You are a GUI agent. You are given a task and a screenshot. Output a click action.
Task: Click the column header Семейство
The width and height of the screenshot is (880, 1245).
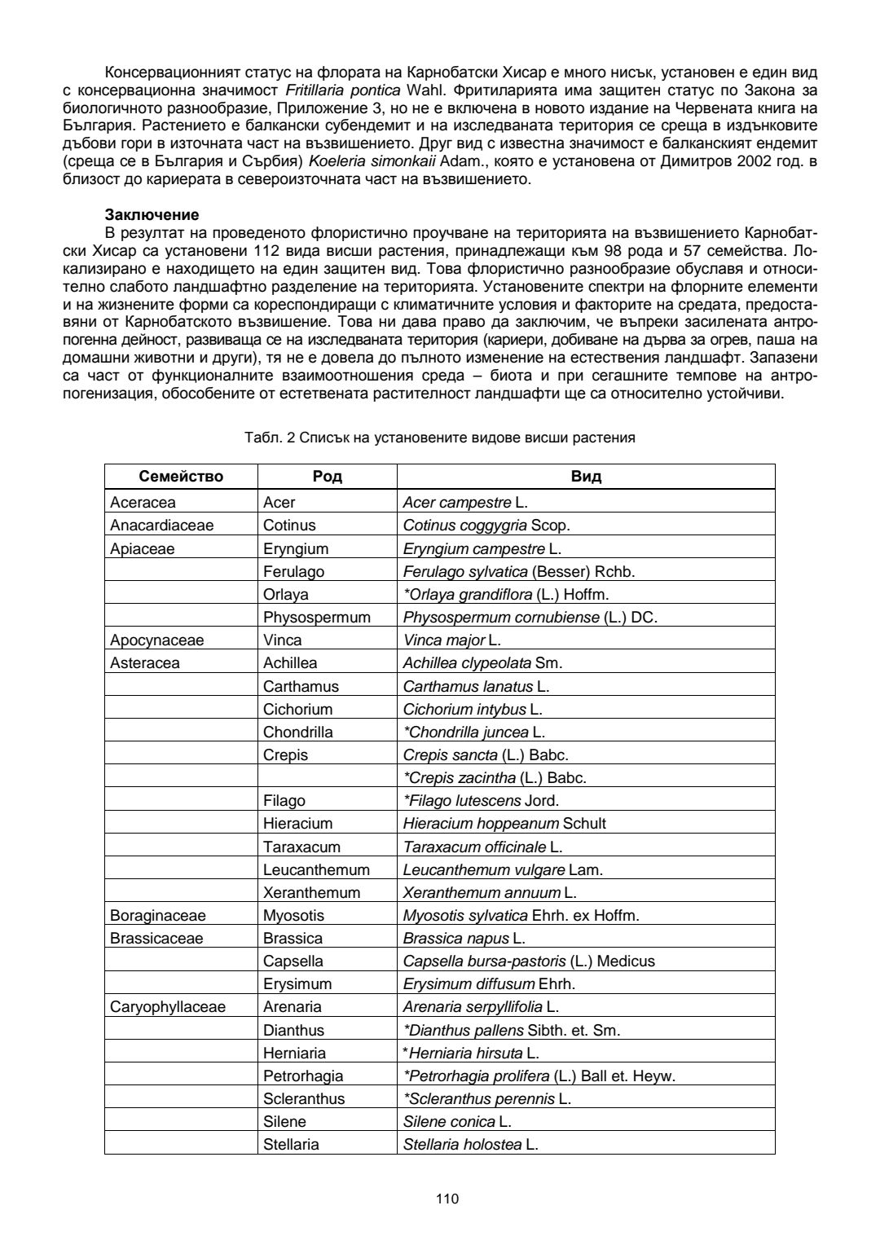pyautogui.click(x=181, y=477)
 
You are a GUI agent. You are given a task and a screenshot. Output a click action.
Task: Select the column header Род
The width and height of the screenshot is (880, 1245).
pyautogui.click(x=327, y=477)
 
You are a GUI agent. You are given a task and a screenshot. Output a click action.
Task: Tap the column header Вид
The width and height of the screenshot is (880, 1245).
pyautogui.click(x=586, y=477)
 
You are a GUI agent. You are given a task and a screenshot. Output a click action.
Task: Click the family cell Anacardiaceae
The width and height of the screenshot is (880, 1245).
pyautogui.click(x=161, y=526)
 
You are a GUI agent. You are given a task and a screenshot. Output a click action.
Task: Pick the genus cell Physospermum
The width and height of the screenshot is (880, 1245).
pyautogui.click(x=316, y=617)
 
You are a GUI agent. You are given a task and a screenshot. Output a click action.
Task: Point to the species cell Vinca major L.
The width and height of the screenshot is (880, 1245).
pyautogui.click(x=451, y=640)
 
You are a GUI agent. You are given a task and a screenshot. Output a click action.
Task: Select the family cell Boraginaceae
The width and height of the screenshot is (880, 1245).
pyautogui.click(x=158, y=915)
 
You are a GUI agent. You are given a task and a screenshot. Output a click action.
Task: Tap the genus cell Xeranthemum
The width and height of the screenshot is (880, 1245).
pyautogui.click(x=311, y=892)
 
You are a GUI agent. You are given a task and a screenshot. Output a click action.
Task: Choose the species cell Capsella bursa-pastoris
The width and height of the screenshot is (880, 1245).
pyautogui.click(x=528, y=961)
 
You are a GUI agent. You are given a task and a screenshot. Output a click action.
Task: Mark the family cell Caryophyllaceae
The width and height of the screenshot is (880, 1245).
pyautogui.click(x=168, y=1006)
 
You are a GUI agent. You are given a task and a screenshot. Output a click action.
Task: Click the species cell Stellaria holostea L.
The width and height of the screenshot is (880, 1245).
pyautogui.click(x=470, y=1144)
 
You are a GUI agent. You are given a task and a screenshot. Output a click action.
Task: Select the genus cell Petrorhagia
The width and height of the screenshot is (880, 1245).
pyautogui.click(x=303, y=1076)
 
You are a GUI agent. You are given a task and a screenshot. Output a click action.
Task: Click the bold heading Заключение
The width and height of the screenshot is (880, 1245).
pyautogui.click(x=152, y=215)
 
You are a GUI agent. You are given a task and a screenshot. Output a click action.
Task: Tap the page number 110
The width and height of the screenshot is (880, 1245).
pyautogui.click(x=447, y=1198)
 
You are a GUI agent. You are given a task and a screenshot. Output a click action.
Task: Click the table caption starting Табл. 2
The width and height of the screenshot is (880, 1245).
pyautogui.click(x=439, y=438)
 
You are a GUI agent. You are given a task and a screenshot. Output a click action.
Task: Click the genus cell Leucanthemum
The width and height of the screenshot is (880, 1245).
pyautogui.click(x=316, y=869)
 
